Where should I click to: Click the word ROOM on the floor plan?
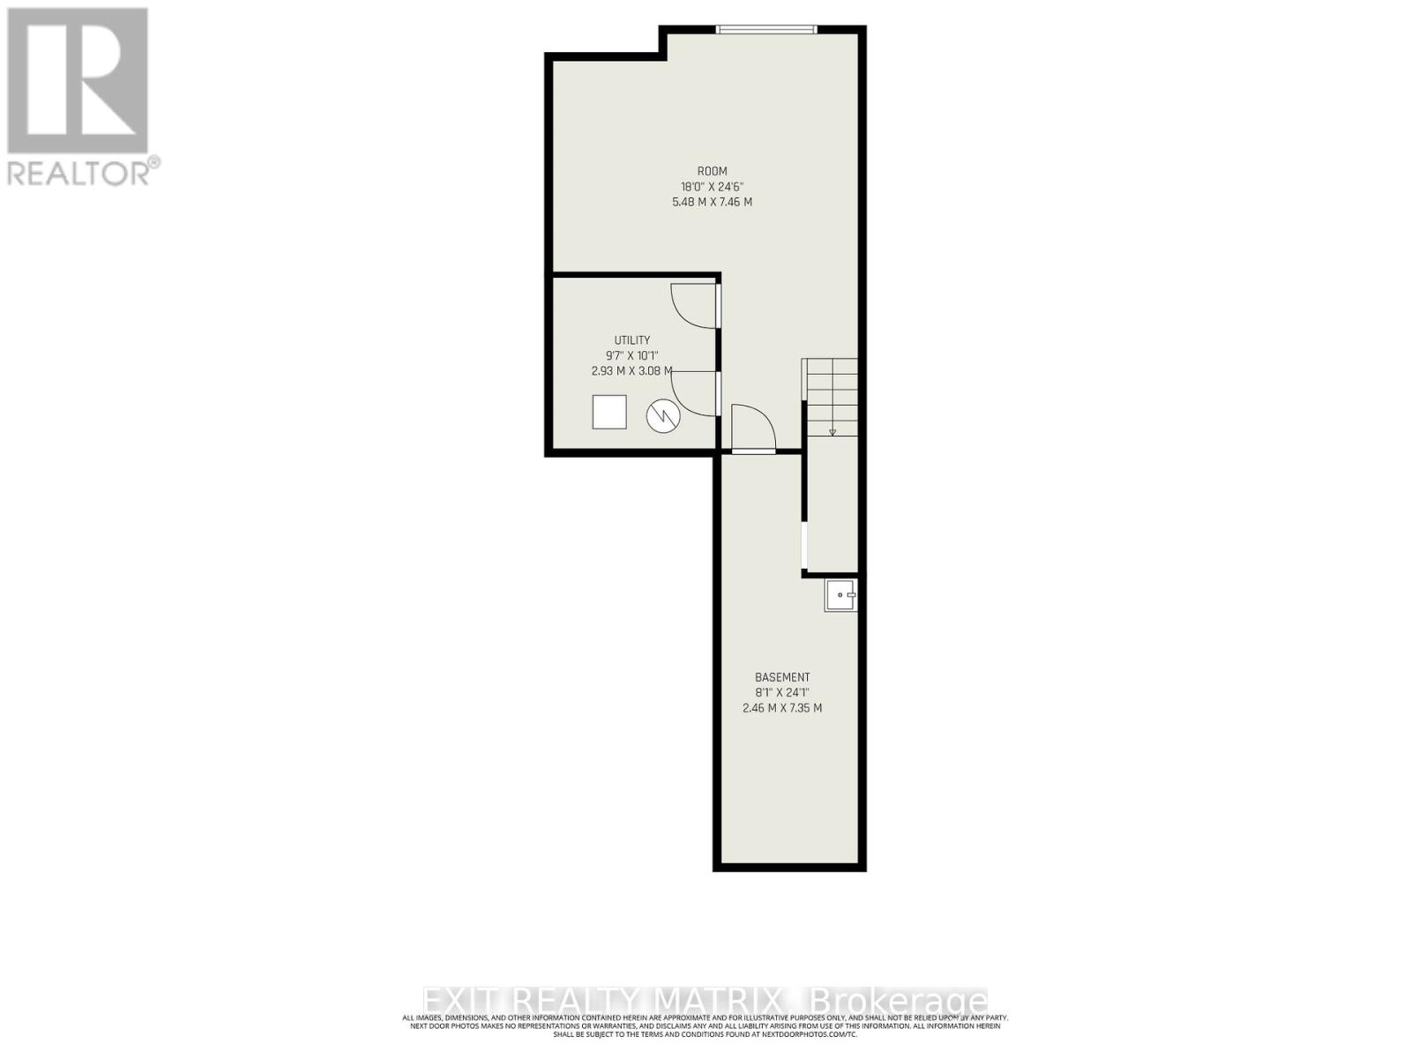point(712,171)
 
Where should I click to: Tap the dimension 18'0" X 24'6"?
point(712,186)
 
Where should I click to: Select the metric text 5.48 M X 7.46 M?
point(712,202)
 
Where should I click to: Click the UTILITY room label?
point(632,340)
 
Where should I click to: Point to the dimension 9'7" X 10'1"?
point(632,355)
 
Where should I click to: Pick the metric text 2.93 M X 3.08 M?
point(632,371)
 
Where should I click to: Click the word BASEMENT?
point(782,677)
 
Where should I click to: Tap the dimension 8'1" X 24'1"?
point(782,692)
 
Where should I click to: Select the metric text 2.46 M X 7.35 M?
point(782,708)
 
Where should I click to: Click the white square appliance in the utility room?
point(609,412)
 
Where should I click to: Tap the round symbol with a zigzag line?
point(663,416)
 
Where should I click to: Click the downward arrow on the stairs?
point(832,432)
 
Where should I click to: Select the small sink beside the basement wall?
point(840,595)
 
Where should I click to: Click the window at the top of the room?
point(766,30)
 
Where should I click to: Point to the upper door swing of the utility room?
point(694,306)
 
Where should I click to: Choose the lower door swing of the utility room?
point(694,393)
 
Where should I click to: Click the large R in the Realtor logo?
point(78,81)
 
